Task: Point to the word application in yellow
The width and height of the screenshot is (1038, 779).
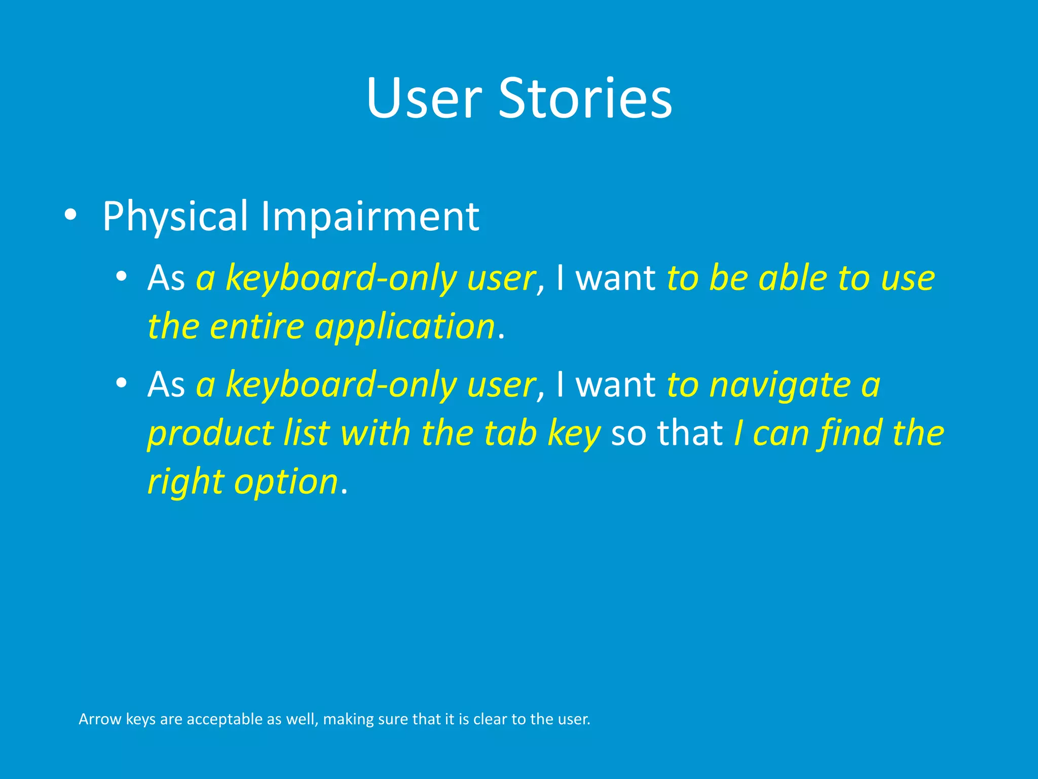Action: pyautogui.click(x=404, y=326)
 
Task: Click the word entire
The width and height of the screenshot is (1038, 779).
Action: pyautogui.click(x=256, y=326)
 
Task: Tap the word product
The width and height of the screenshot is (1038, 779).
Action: pyautogui.click(x=210, y=434)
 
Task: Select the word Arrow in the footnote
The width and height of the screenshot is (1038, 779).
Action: pyautogui.click(x=100, y=719)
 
